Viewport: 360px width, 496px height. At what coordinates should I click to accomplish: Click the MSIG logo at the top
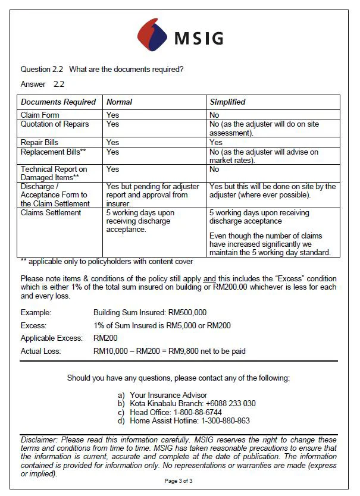(x=180, y=35)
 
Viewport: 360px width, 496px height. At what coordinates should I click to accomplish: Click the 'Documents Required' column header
(x=58, y=102)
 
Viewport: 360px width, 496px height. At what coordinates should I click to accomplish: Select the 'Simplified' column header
(x=228, y=102)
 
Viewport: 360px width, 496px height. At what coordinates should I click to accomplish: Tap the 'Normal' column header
(x=119, y=102)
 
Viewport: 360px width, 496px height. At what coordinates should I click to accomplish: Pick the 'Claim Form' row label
(x=40, y=115)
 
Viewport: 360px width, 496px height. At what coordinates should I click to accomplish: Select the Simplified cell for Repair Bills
(x=216, y=142)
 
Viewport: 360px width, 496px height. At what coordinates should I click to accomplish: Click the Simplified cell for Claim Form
(x=214, y=115)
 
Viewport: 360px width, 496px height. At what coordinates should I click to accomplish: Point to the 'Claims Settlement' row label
(x=51, y=212)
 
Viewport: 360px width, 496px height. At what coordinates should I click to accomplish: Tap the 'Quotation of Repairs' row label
(x=55, y=124)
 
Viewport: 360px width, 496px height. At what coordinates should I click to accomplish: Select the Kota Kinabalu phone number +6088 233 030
(x=230, y=403)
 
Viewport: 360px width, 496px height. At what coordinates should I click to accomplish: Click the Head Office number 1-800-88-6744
(x=198, y=412)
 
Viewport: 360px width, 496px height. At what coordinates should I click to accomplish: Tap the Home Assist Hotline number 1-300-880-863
(x=224, y=420)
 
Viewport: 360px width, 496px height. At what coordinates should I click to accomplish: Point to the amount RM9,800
(x=184, y=351)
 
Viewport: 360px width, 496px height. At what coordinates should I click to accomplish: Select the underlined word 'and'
(x=209, y=278)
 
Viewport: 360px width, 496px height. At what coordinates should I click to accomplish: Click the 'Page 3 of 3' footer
(x=179, y=481)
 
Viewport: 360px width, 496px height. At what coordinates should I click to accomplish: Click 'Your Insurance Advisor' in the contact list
(x=168, y=395)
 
